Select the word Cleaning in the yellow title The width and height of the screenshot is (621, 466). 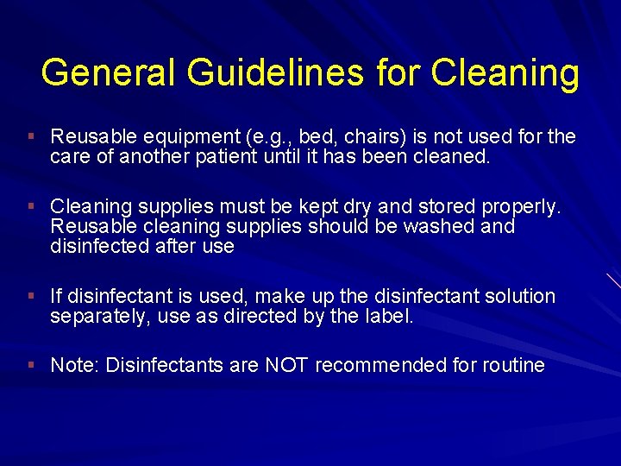tap(505, 72)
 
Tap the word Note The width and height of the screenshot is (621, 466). tap(74, 365)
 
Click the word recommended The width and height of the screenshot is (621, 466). tap(379, 365)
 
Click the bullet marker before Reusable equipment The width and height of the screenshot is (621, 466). tap(30, 136)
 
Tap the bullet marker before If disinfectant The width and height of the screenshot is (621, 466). tap(30, 296)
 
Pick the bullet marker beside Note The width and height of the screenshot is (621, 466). tap(30, 365)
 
